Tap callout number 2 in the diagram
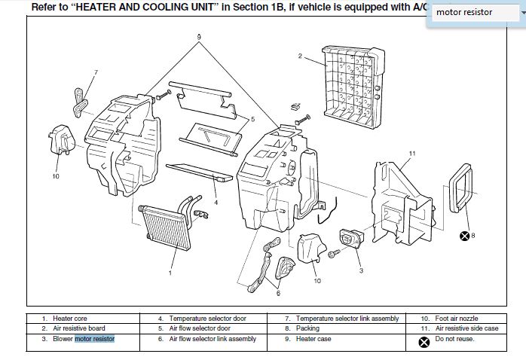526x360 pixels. [x=300, y=56]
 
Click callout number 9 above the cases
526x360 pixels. [x=199, y=37]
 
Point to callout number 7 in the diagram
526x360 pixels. [x=96, y=73]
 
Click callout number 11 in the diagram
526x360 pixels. [x=411, y=154]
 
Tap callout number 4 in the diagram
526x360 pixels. [x=216, y=202]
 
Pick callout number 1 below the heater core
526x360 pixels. [x=170, y=273]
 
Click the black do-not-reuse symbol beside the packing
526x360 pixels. [x=465, y=236]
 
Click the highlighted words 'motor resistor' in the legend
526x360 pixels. [x=94, y=339]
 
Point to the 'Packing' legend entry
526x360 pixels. [x=307, y=328]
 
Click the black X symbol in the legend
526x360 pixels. [x=424, y=340]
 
